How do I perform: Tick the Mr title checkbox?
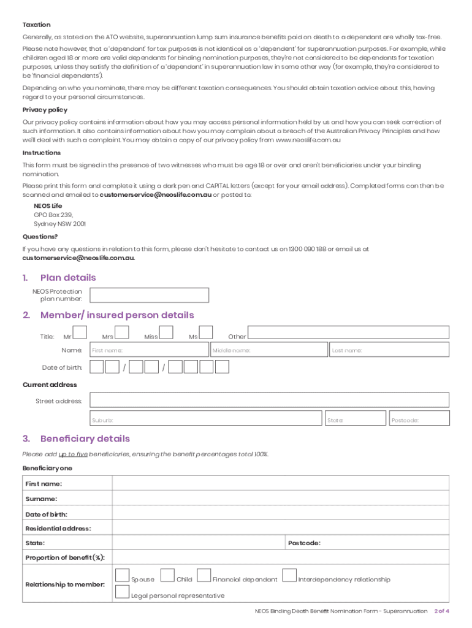[x=80, y=332]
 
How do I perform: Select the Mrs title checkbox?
[x=121, y=332]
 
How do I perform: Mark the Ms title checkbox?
[x=206, y=332]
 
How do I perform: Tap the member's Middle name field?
[x=268, y=350]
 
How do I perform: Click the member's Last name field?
[x=389, y=350]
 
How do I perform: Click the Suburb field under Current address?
[x=206, y=419]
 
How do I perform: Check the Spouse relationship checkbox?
[x=122, y=576]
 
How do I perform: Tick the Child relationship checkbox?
[x=167, y=576]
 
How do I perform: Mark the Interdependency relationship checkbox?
[x=289, y=576]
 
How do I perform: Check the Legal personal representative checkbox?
[x=122, y=592]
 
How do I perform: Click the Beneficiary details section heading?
[x=85, y=439]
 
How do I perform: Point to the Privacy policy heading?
[x=45, y=110]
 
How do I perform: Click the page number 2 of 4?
[x=441, y=611]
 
